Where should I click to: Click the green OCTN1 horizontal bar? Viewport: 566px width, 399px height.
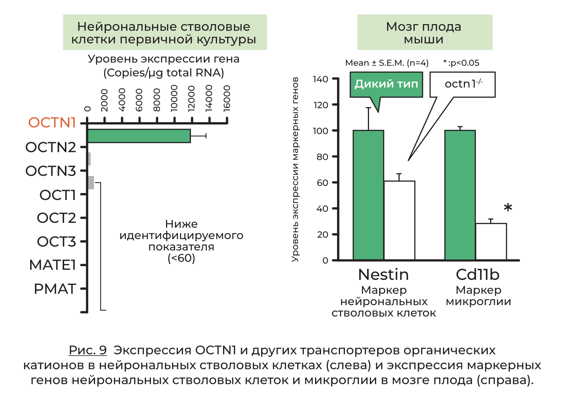point(139,136)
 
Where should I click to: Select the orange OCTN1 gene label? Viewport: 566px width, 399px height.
point(52,123)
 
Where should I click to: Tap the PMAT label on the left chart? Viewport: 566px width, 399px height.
point(55,289)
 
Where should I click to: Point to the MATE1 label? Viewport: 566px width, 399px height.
point(52,265)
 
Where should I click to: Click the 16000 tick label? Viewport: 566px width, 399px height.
point(227,98)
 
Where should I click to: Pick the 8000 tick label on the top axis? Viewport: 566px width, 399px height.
point(157,100)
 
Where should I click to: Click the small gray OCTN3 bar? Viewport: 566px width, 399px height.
point(91,183)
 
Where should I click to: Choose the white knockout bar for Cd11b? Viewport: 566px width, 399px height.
point(491,242)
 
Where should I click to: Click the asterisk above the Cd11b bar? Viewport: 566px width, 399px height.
point(508,208)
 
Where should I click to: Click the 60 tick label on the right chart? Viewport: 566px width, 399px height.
point(322,183)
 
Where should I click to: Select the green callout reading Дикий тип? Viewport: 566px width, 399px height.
point(386,84)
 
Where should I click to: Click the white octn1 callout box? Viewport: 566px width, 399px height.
point(463,84)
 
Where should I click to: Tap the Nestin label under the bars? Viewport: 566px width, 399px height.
point(383,275)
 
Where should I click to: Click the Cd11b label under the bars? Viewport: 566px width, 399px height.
point(478,275)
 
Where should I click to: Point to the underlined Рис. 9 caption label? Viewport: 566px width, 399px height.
point(88,350)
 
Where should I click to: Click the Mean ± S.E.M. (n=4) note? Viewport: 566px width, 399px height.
point(387,63)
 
